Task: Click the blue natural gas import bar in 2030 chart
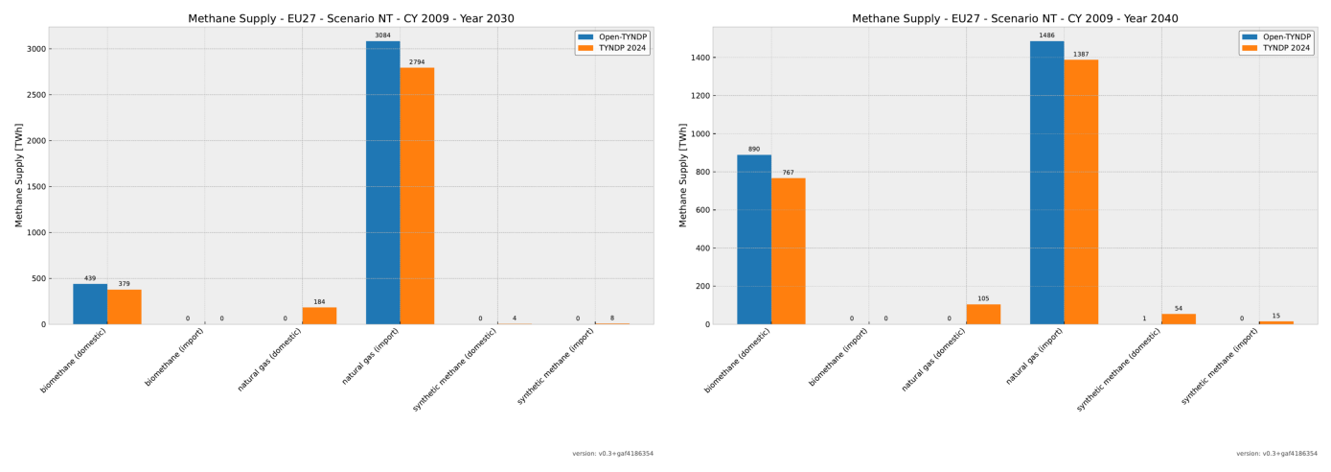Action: click(x=382, y=182)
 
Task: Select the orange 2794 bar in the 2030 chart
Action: click(x=417, y=196)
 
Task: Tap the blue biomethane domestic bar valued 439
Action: click(x=90, y=304)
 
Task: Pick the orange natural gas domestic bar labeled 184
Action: click(x=319, y=316)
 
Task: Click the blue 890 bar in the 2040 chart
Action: click(x=754, y=240)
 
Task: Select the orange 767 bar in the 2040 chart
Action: click(x=788, y=251)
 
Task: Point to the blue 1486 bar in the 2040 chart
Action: click(x=1046, y=182)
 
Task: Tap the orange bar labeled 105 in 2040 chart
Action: click(x=983, y=315)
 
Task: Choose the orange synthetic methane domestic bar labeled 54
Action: click(x=1178, y=319)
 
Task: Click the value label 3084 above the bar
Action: click(x=382, y=35)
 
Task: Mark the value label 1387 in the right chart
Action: click(x=1081, y=55)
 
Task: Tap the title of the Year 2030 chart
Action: click(x=351, y=18)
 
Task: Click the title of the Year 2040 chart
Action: click(x=1015, y=18)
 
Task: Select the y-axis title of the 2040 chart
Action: click(x=682, y=175)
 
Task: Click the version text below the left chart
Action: click(x=612, y=454)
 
